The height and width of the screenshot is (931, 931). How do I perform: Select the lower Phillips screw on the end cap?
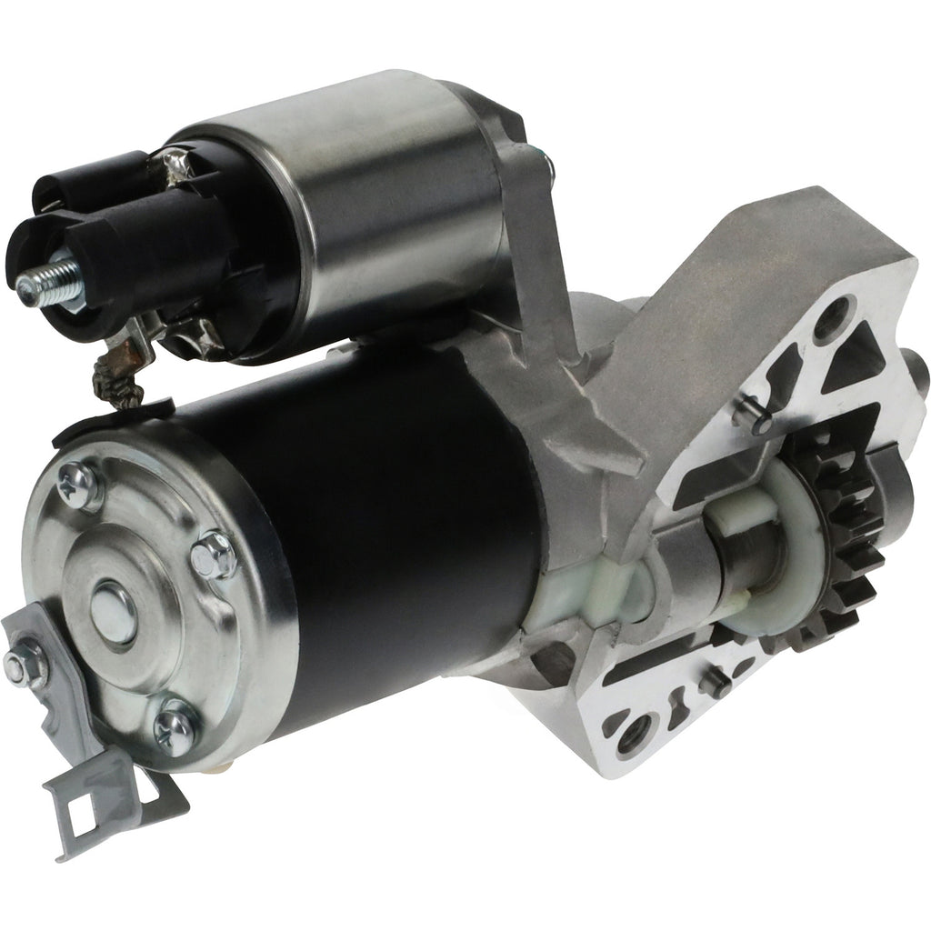click(175, 726)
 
